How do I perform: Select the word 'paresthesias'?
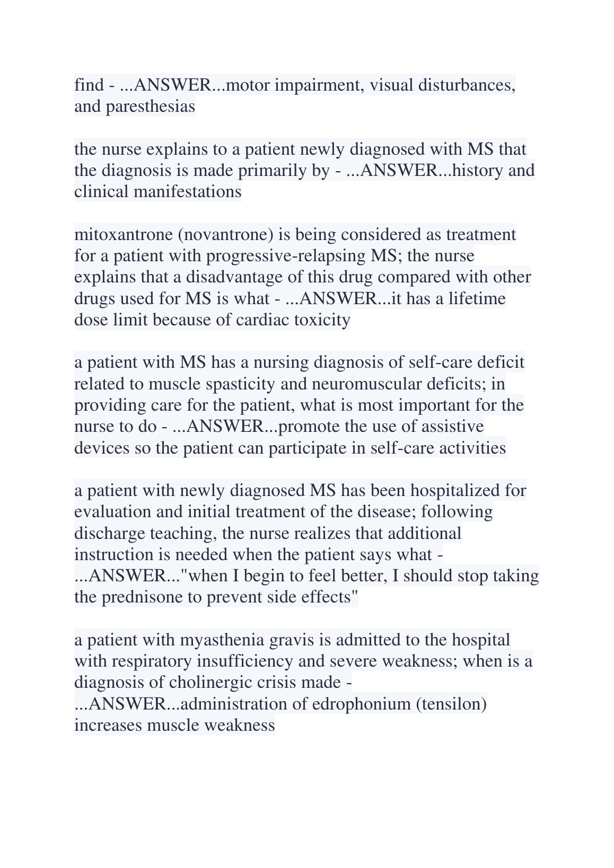150,107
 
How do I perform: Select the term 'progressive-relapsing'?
285,256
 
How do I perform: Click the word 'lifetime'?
477,299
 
